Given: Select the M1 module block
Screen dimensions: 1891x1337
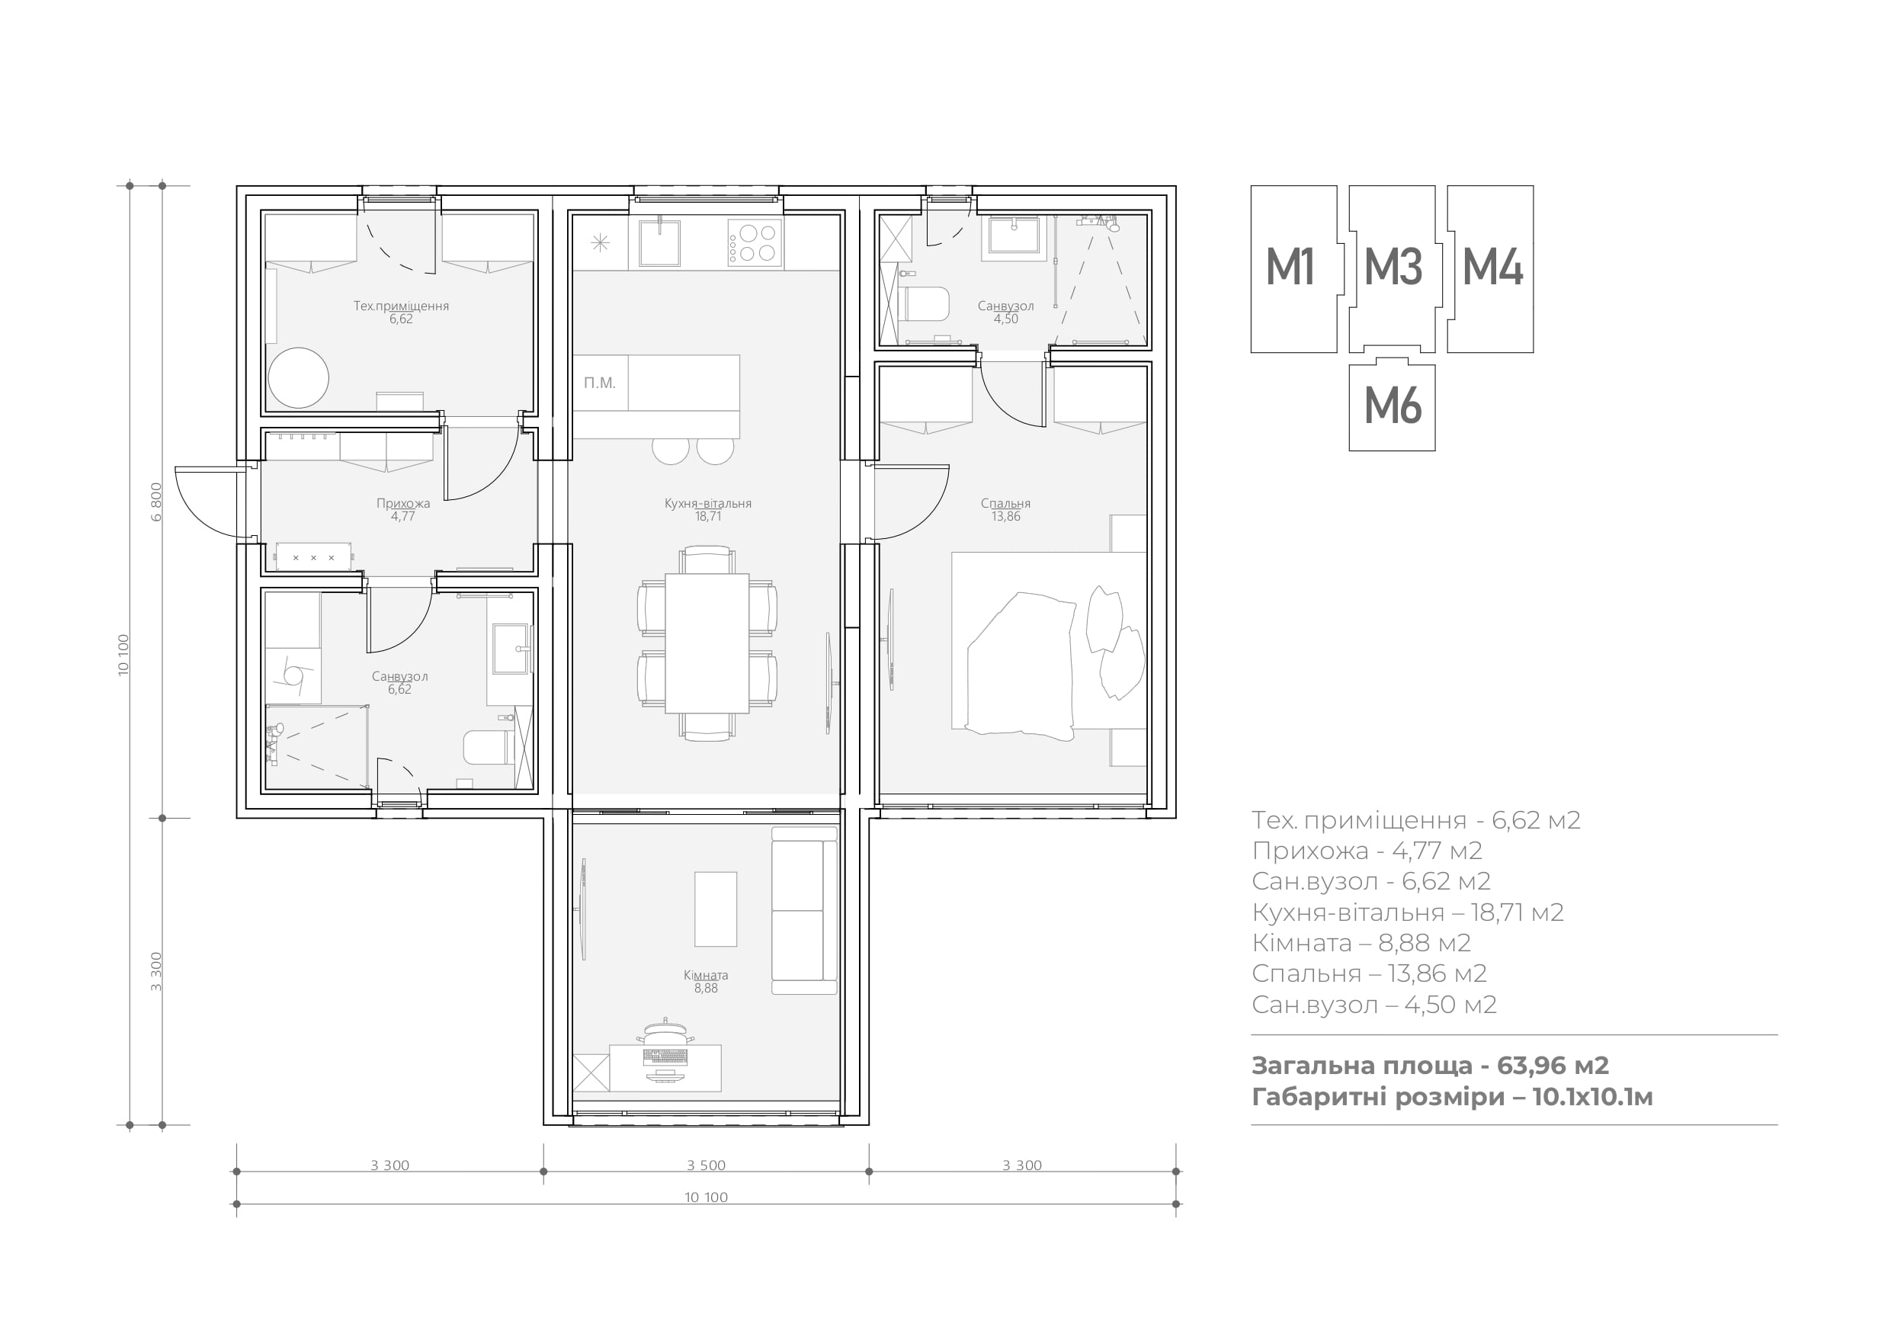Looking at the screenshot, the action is pyautogui.click(x=1293, y=268).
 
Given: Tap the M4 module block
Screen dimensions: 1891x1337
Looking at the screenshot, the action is pyautogui.click(x=1491, y=268).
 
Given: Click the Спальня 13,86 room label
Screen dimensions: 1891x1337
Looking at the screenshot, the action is pyautogui.click(x=1005, y=510).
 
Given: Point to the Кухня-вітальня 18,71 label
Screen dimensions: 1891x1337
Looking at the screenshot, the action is pyautogui.click(x=707, y=510).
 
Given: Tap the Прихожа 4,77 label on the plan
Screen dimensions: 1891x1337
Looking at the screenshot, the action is pyautogui.click(x=402, y=510).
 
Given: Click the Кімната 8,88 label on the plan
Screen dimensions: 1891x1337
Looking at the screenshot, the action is pyautogui.click(x=706, y=981).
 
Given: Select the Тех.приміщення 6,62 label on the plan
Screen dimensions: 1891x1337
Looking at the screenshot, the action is pyautogui.click(x=401, y=313).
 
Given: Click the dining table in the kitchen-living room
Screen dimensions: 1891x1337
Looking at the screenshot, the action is pyautogui.click(x=707, y=643).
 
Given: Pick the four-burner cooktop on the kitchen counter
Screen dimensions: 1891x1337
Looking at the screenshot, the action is pyautogui.click(x=755, y=243).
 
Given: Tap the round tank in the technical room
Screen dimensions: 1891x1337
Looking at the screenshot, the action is pyautogui.click(x=298, y=378).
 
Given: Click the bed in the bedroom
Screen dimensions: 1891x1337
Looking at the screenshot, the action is pyautogui.click(x=1049, y=641).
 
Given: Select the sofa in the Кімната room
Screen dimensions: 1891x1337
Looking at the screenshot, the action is pyautogui.click(x=804, y=910).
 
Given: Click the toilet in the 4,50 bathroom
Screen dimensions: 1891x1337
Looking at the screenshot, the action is pyautogui.click(x=923, y=303).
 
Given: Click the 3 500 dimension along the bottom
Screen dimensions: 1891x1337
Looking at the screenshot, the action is pyautogui.click(x=706, y=1165).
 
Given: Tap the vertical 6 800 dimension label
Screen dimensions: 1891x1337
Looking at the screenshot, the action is pyautogui.click(x=156, y=502).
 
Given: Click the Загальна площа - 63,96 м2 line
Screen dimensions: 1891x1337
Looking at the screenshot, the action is pyautogui.click(x=1430, y=1065).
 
